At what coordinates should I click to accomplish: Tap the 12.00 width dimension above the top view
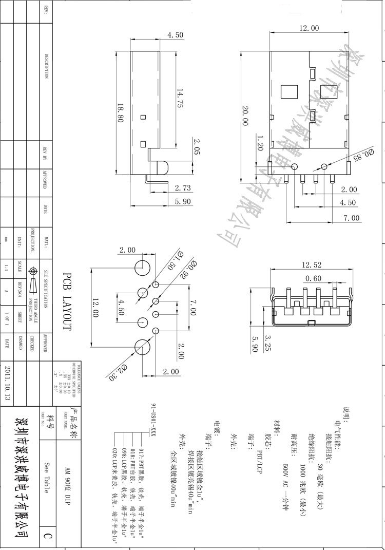309,28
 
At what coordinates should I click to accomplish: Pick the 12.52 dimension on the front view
312,264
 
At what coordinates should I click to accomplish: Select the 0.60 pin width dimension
314,279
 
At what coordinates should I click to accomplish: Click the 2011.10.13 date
8,383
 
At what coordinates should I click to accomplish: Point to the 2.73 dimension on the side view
183,188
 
